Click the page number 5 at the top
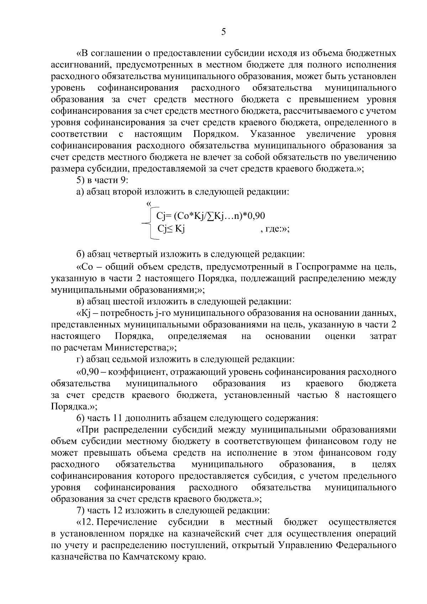coord(223,32)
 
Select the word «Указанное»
coord(273,134)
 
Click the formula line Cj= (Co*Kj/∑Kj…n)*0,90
coord(208,216)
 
